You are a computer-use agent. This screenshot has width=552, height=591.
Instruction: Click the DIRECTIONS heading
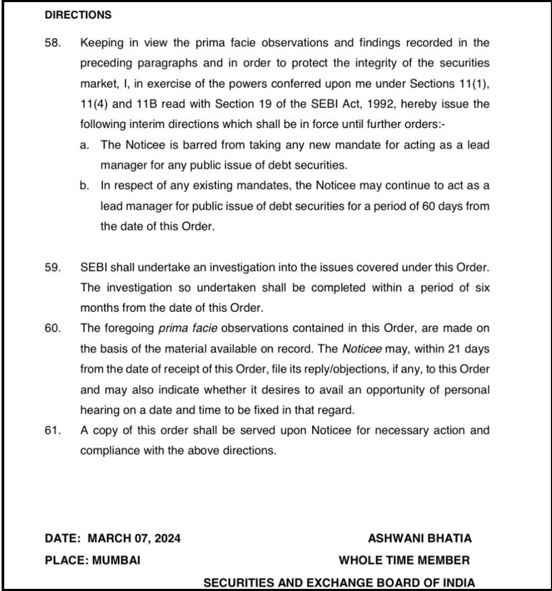[78, 15]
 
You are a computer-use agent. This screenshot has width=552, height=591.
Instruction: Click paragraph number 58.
[53, 43]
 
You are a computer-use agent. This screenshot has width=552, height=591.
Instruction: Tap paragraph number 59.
[53, 267]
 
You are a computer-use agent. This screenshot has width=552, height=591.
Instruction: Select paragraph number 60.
[53, 328]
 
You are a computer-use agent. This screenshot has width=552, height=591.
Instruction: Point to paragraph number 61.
[53, 430]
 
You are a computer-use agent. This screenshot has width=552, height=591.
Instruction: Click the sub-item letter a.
[85, 145]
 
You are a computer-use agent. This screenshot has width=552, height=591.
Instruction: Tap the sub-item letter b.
[85, 186]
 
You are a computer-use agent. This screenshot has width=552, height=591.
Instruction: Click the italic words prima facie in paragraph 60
[188, 328]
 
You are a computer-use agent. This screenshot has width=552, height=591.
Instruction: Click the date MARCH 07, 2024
[134, 539]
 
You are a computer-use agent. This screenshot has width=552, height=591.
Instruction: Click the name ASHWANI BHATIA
[419, 539]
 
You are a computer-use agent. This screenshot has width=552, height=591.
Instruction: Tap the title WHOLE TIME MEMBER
[404, 560]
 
